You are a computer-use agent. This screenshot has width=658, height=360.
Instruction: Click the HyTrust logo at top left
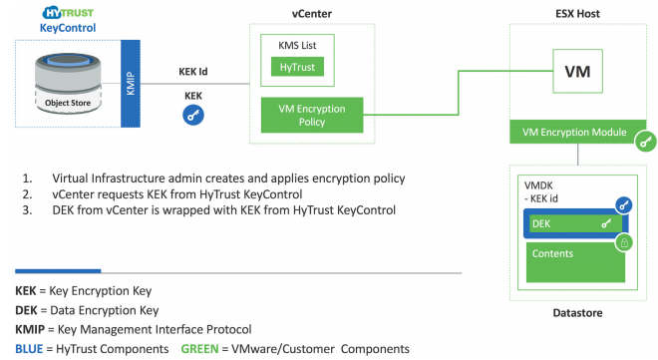tap(68, 13)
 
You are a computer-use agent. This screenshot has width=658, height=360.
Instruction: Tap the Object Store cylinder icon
tap(68, 84)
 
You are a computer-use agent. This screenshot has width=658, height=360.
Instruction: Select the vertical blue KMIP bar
tap(131, 84)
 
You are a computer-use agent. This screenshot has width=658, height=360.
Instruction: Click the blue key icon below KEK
tap(193, 115)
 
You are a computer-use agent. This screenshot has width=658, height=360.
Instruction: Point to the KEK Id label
tap(193, 72)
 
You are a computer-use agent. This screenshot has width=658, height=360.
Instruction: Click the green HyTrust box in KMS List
tap(297, 67)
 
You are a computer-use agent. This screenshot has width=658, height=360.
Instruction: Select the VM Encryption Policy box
tap(312, 115)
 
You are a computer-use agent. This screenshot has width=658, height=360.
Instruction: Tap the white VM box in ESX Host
tap(577, 71)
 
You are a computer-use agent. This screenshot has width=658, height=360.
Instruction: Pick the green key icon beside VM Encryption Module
tap(645, 142)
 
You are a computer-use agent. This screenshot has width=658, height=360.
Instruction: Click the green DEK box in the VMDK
tap(574, 223)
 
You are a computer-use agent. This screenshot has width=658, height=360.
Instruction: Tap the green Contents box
tap(575, 262)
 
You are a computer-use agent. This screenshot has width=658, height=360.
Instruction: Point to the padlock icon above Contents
tap(624, 242)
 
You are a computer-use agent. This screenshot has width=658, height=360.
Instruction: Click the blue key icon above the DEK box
tap(624, 205)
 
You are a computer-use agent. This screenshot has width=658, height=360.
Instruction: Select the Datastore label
tap(577, 312)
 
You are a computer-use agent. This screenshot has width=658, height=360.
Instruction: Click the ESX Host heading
tap(577, 13)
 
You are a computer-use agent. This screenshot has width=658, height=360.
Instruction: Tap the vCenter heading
tap(312, 13)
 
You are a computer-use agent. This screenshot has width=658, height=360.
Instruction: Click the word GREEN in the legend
tap(199, 349)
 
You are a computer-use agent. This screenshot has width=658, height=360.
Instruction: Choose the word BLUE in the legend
tap(29, 349)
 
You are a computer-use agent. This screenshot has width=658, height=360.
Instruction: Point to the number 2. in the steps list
tap(27, 194)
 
